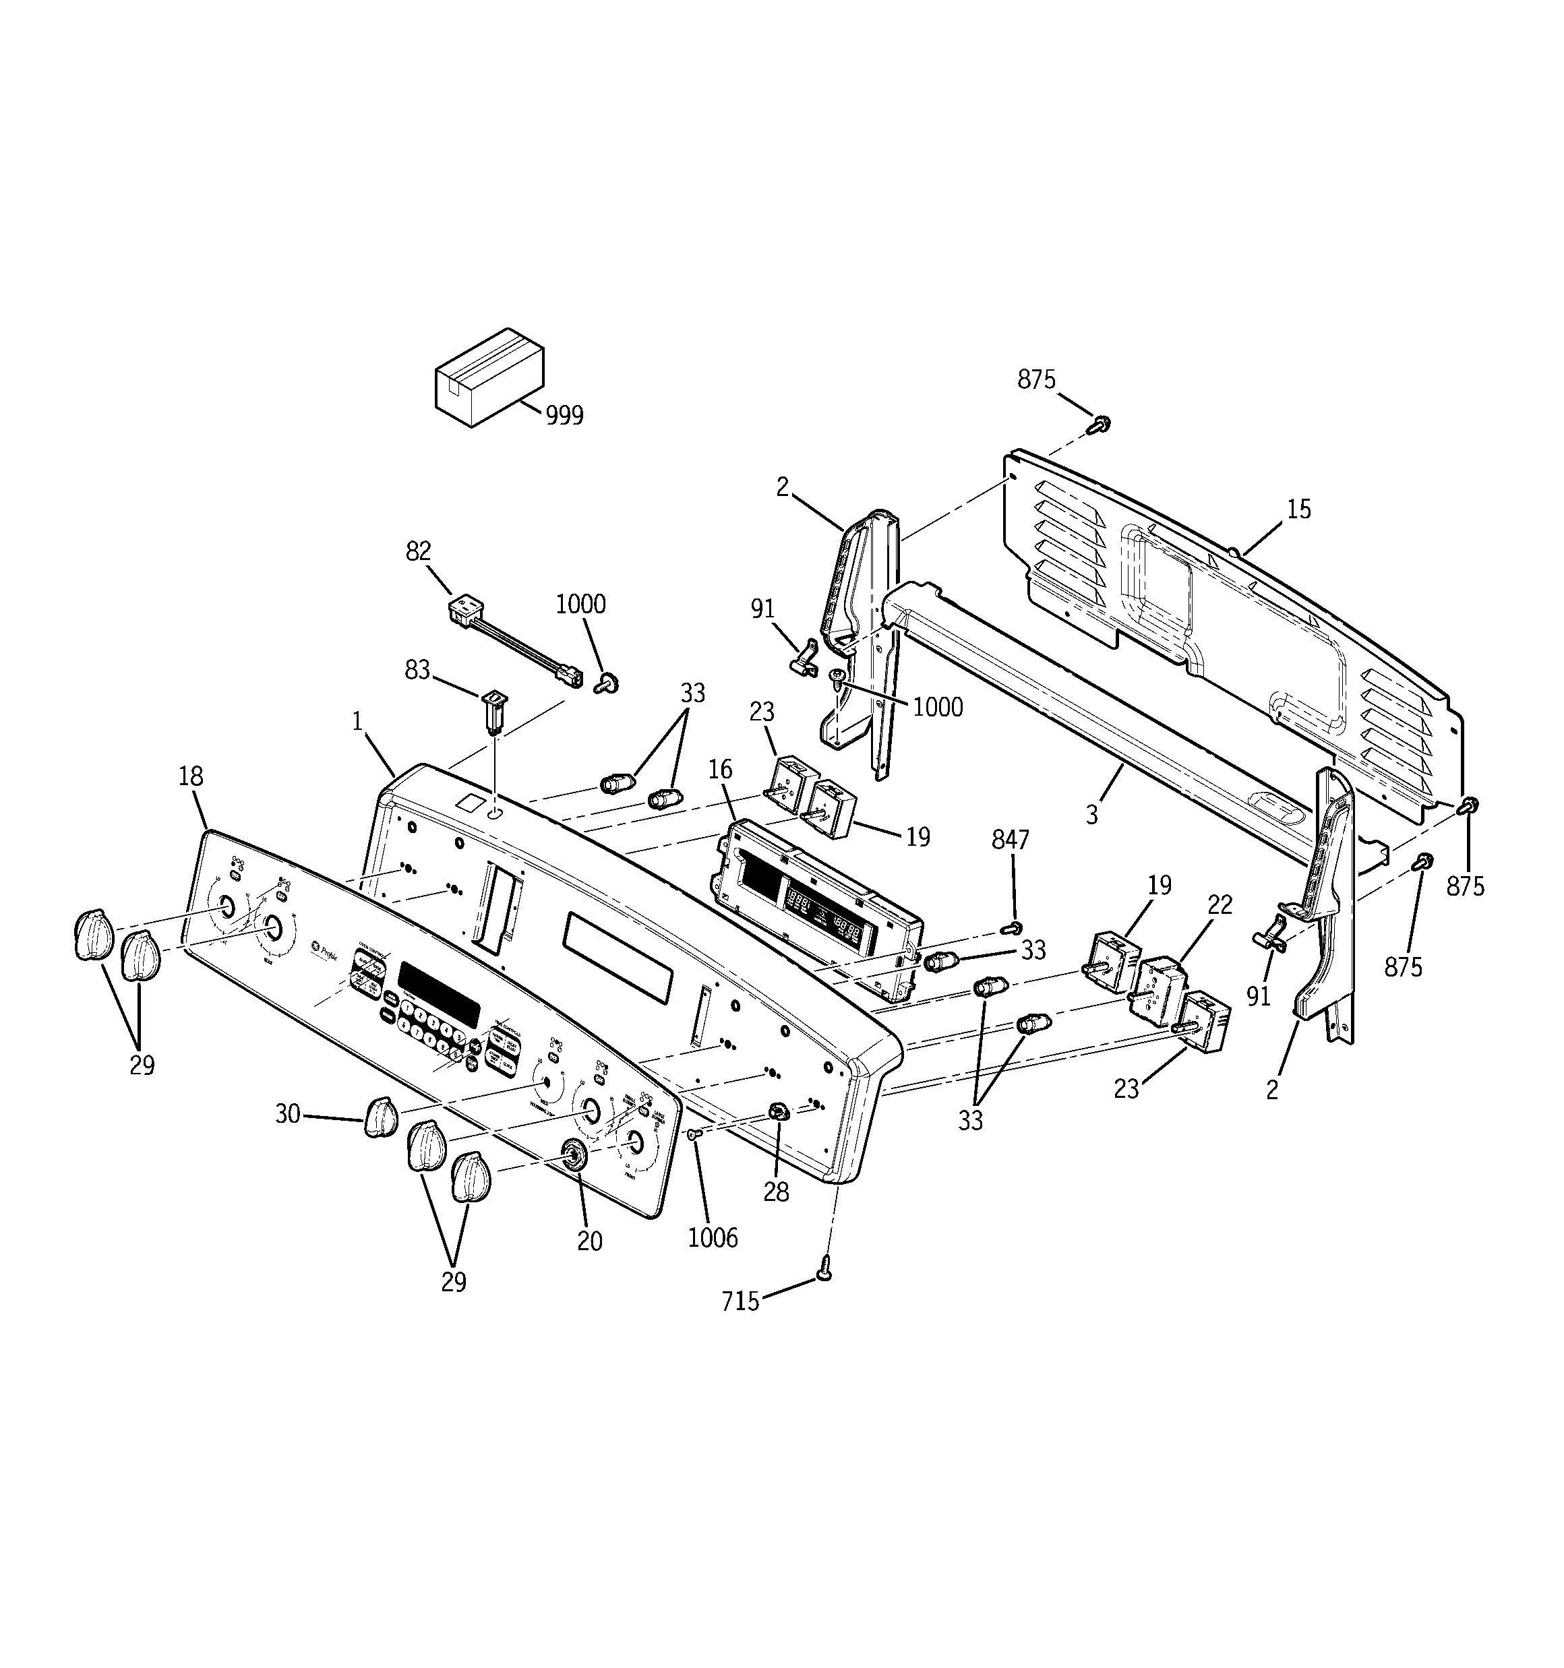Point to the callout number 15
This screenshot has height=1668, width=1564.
(1298, 510)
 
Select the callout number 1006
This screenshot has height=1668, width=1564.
(713, 1239)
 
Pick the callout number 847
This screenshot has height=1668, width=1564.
(1010, 840)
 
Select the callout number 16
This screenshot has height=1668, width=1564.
(719, 770)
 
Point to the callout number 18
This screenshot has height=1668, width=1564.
(191, 776)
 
